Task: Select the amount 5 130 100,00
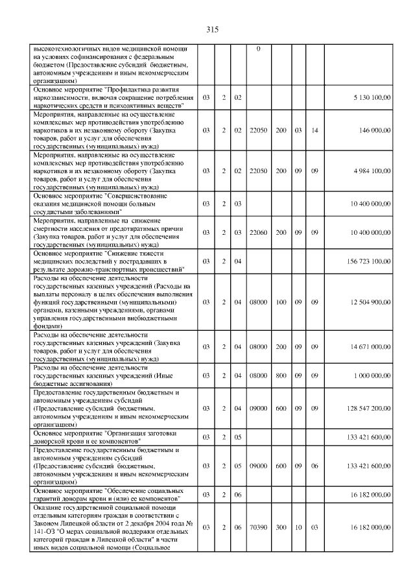371,97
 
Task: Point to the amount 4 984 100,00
371,171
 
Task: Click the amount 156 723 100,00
368,261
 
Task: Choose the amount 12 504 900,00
369,302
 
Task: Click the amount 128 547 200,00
368,408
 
